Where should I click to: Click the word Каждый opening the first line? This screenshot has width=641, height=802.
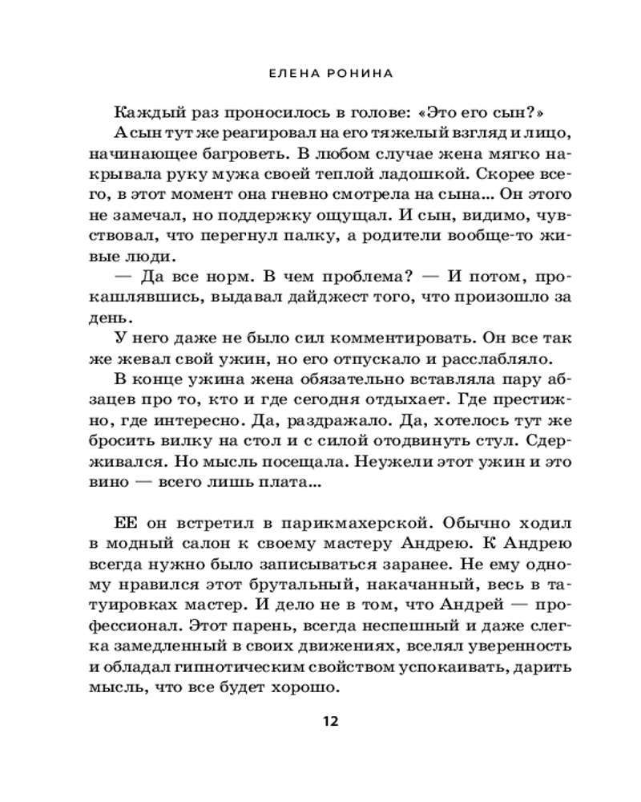(x=143, y=111)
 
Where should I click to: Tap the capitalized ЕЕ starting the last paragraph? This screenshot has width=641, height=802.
(x=127, y=522)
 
